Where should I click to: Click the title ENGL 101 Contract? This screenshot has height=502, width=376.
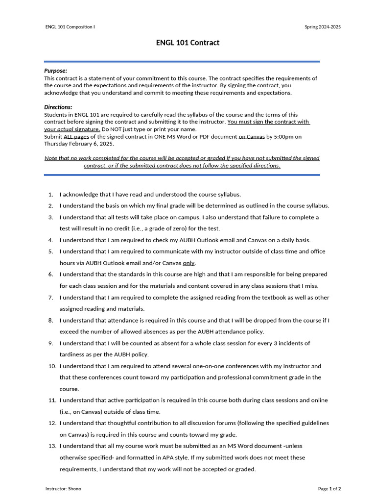coord(188,43)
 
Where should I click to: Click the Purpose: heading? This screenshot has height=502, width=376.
coord(56,71)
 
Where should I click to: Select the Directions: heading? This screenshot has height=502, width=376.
coord(58,107)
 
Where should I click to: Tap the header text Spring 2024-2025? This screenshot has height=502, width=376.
coord(323,26)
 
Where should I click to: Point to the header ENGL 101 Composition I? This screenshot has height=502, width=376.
coord(70,26)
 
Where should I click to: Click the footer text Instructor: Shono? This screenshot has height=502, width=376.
coord(64,489)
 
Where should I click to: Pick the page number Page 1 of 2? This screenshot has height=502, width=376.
coord(329,489)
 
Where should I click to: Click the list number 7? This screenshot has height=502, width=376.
coord(51,298)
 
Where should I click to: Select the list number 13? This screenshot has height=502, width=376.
coord(52,446)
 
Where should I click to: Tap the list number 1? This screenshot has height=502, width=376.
coord(51,194)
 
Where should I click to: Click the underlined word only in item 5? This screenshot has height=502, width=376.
coord(188,263)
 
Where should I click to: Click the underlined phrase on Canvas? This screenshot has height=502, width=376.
coord(252,137)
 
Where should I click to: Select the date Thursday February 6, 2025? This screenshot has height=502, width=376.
coord(79,144)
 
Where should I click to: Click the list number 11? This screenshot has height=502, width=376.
coord(52,401)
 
